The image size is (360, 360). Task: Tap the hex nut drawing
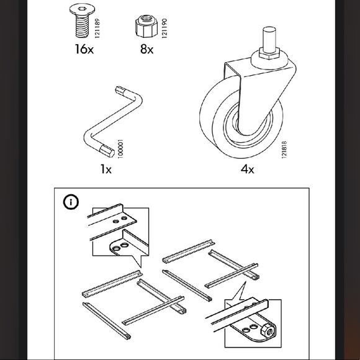[x=145, y=27]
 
